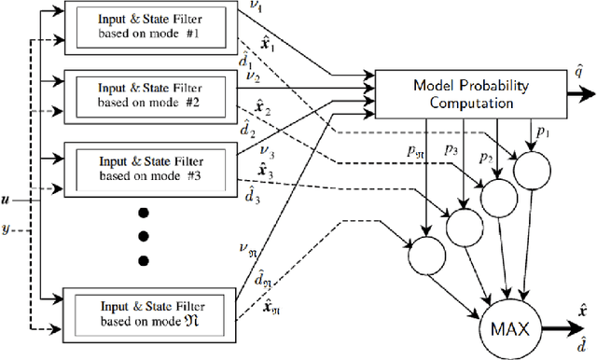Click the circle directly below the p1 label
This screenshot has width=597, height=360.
(532, 169)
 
